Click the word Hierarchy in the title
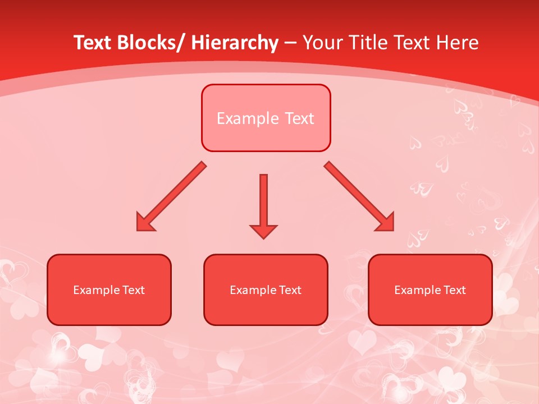pos(235,43)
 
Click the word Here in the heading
pos(458,43)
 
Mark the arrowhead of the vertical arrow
pos(263,231)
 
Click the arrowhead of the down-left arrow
pos(144,223)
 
